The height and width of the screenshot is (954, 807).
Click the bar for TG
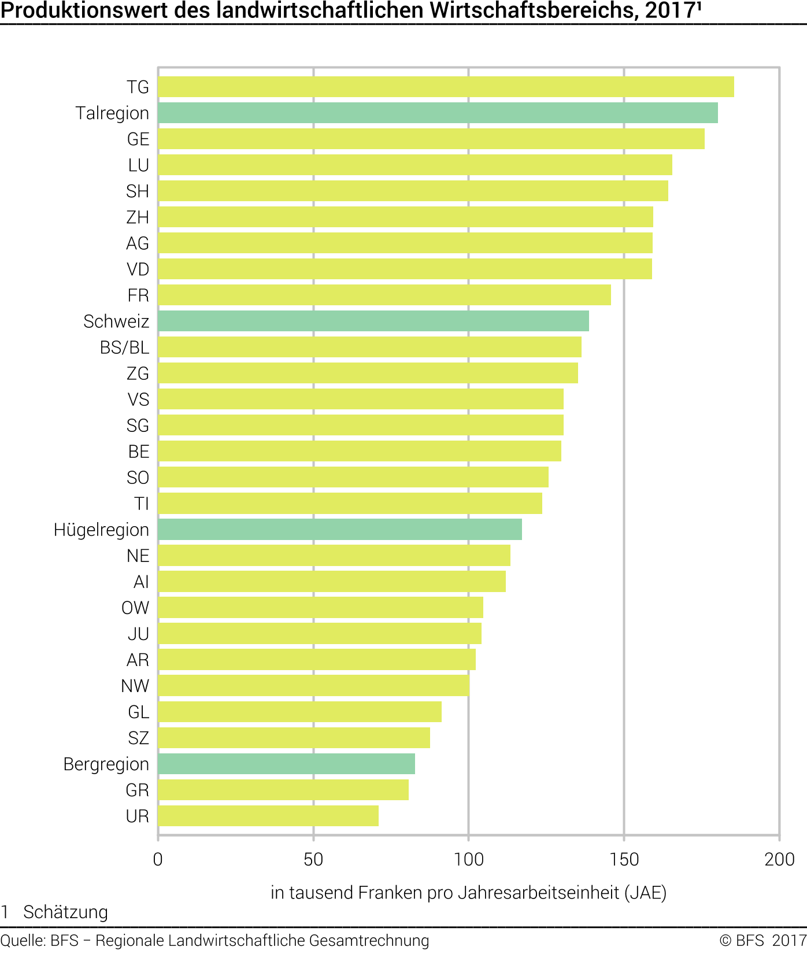click(446, 87)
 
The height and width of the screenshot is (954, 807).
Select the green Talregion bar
click(438, 113)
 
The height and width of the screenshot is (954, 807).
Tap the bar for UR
click(268, 816)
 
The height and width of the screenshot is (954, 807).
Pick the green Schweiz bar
click(373, 321)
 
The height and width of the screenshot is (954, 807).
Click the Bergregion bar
click(287, 764)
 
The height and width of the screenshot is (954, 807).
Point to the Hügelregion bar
click(340, 530)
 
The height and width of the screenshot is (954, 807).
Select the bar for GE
click(431, 139)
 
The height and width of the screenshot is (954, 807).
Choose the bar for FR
click(384, 295)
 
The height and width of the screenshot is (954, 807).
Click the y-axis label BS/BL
click(124, 347)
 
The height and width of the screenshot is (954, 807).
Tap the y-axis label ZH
click(138, 217)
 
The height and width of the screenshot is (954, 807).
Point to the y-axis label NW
click(135, 686)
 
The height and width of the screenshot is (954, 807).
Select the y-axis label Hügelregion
click(101, 530)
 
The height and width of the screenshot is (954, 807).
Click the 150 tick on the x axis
click(624, 860)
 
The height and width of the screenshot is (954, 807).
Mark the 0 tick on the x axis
click(158, 860)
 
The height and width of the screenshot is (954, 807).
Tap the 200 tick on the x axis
click(779, 860)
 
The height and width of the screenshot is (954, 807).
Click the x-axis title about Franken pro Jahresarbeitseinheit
click(468, 893)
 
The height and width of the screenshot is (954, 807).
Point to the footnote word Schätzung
click(65, 912)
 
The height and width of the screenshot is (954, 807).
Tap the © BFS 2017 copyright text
click(762, 941)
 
